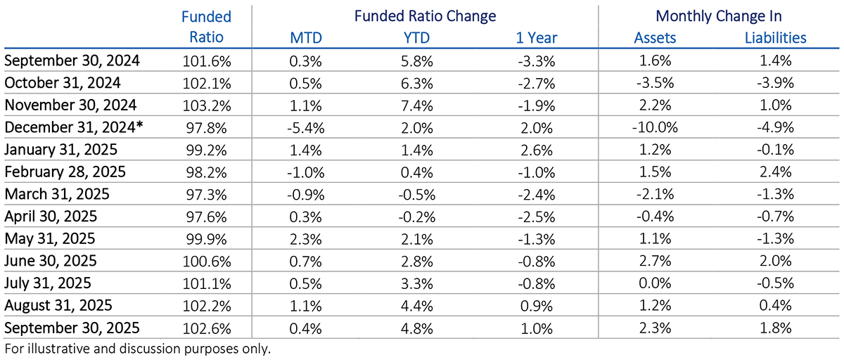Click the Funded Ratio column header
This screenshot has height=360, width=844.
pos(206,26)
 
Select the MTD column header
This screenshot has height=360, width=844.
pos(305,38)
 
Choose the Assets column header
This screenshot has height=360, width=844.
pos(655,38)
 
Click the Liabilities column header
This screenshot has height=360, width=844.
pos(775,38)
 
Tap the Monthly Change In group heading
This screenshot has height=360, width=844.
pos(717,15)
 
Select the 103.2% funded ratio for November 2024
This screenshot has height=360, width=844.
pos(206,105)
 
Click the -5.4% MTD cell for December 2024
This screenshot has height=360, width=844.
pos(305,128)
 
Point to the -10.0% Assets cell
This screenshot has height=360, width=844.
pos(655,128)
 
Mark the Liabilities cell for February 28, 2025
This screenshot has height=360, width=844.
pos(775,172)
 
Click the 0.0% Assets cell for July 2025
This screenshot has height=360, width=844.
pos(655,283)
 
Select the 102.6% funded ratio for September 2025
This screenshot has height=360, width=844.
pos(206,327)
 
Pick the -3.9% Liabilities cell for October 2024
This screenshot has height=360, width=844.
pos(775,83)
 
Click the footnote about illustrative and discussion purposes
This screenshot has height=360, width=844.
pos(137,349)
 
